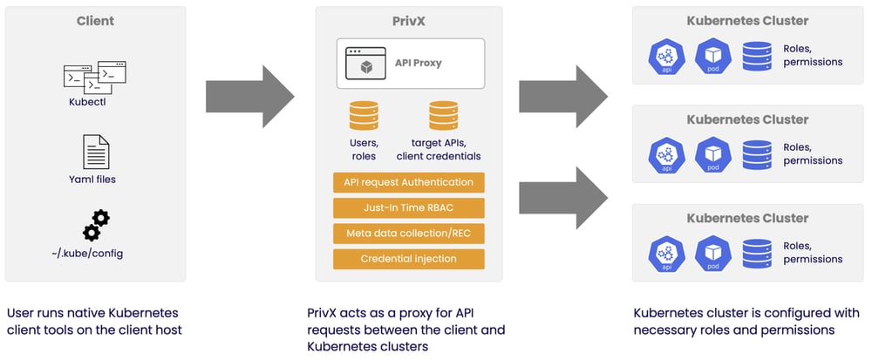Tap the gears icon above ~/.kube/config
click(x=96, y=224)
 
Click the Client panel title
click(x=96, y=21)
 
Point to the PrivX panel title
click(x=409, y=21)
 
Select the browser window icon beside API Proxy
click(x=366, y=64)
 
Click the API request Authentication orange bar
click(x=408, y=182)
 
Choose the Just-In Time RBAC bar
click(x=408, y=207)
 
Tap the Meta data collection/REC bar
click(x=408, y=234)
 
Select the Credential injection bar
click(x=408, y=259)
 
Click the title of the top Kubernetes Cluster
click(x=747, y=21)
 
